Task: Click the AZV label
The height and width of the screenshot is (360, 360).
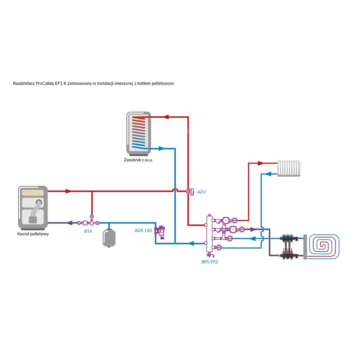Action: tap(201, 192)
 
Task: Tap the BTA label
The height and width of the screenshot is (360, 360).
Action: tap(88, 231)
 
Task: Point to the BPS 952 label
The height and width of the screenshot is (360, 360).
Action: tap(210, 262)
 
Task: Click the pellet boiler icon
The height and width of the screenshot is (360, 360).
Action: tap(33, 208)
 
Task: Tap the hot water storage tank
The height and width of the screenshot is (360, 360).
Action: tap(138, 132)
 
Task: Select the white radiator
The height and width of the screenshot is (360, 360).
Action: tap(289, 168)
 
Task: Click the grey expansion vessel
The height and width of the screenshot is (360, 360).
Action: tap(109, 237)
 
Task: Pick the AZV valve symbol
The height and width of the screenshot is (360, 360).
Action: tap(190, 192)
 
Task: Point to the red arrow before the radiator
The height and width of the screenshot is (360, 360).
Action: tap(262, 163)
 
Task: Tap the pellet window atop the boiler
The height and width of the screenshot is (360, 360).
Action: tap(33, 192)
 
